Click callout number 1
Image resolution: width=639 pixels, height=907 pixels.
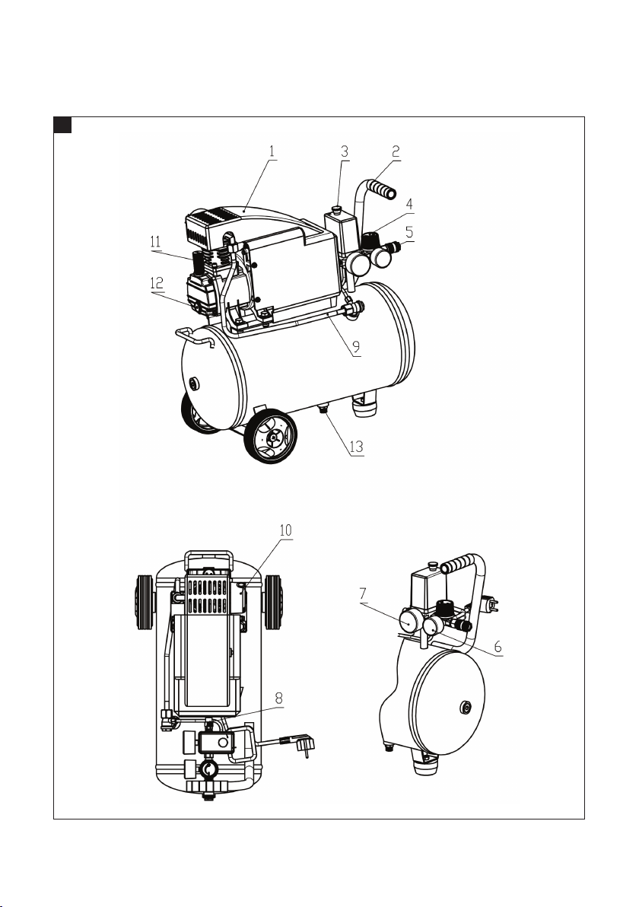(272, 150)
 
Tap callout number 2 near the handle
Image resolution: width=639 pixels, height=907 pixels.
(397, 150)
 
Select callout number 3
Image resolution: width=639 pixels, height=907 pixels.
(345, 150)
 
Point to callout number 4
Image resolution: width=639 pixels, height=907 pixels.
(409, 204)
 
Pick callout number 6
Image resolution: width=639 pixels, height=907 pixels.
(498, 644)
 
